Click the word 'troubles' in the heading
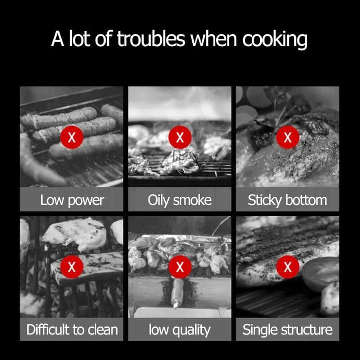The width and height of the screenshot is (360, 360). click(151, 39)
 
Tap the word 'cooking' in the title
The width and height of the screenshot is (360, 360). click(275, 40)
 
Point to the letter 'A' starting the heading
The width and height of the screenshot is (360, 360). click(57, 39)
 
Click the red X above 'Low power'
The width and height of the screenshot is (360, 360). click(72, 137)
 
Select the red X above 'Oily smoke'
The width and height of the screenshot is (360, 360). click(180, 137)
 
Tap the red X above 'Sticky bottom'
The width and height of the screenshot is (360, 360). click(288, 137)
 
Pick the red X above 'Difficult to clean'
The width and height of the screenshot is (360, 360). click(72, 267)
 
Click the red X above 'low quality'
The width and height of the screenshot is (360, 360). click(180, 267)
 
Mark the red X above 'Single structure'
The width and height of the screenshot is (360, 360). click(288, 267)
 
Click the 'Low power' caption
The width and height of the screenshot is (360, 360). click(72, 201)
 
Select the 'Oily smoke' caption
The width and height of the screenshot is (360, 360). click(180, 201)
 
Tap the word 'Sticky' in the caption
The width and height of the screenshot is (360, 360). click(265, 201)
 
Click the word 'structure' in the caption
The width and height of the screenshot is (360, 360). click(307, 330)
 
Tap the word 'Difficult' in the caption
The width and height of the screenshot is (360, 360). click(48, 330)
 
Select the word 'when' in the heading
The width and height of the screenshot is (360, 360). click(214, 39)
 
